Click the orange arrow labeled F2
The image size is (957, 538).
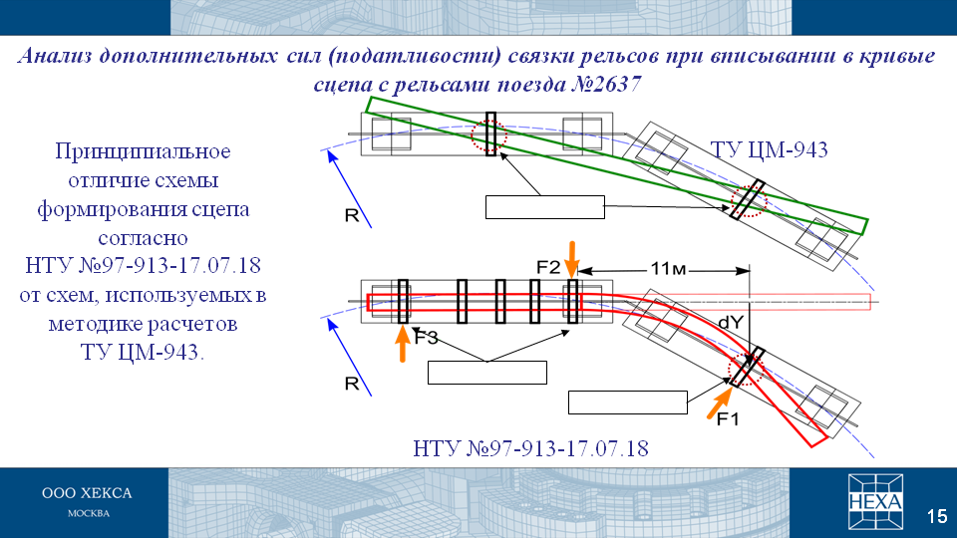pyautogui.click(x=572, y=259)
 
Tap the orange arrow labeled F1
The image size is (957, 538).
pyautogui.click(x=720, y=403)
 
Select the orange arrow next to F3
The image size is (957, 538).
pyautogui.click(x=402, y=344)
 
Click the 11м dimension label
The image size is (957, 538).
pyautogui.click(x=668, y=268)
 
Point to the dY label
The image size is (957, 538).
pyautogui.click(x=731, y=322)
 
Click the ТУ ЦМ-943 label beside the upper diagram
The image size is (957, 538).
pyautogui.click(x=769, y=149)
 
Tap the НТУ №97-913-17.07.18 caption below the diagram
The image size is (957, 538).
pyautogui.click(x=530, y=449)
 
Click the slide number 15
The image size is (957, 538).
pyautogui.click(x=937, y=516)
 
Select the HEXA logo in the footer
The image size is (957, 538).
pyautogui.click(x=875, y=501)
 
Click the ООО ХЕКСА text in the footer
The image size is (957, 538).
pyautogui.click(x=87, y=493)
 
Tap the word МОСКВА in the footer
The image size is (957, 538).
pyautogui.click(x=89, y=514)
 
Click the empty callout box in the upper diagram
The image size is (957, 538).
pyautogui.click(x=545, y=207)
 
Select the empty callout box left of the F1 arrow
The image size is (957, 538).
pyautogui.click(x=628, y=403)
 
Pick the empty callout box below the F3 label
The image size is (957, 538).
pyautogui.click(x=487, y=373)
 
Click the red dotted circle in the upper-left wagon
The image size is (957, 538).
pyautogui.click(x=488, y=135)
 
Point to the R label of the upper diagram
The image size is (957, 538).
pyautogui.click(x=352, y=215)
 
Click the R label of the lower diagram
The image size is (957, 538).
pyautogui.click(x=352, y=384)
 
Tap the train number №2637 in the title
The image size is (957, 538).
pyautogui.click(x=606, y=84)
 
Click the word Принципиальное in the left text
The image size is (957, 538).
pyautogui.click(x=143, y=151)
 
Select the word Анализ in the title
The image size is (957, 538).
pyautogui.click(x=54, y=56)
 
